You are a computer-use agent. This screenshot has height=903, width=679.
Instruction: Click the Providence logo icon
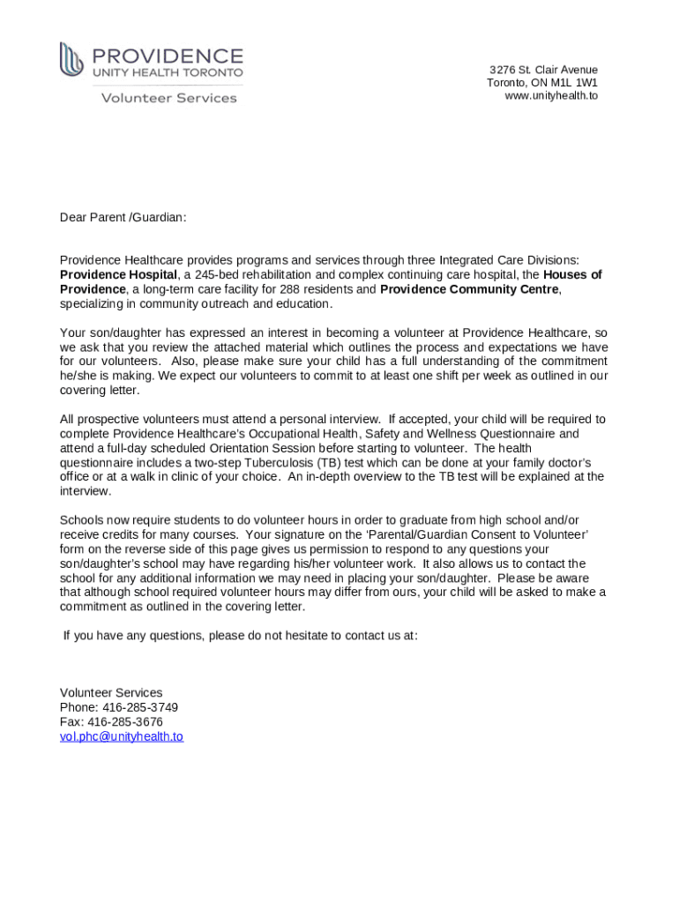(71, 60)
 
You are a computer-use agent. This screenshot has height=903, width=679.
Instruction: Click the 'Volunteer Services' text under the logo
(168, 98)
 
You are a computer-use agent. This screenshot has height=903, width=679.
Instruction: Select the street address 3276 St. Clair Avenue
(543, 70)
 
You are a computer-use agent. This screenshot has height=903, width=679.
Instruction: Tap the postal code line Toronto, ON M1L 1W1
(541, 83)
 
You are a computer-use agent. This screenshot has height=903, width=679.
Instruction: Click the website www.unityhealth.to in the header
(550, 95)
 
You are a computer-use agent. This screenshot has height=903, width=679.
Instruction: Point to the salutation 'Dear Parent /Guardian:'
(123, 217)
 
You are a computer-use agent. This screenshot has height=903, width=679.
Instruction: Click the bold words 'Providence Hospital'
(118, 275)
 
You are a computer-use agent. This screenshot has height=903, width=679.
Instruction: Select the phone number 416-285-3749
(139, 707)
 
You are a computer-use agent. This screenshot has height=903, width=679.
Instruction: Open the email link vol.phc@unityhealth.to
(121, 736)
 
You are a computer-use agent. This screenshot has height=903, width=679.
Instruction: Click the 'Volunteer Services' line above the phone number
(111, 693)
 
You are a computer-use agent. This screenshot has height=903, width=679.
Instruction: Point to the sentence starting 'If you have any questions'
(240, 635)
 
